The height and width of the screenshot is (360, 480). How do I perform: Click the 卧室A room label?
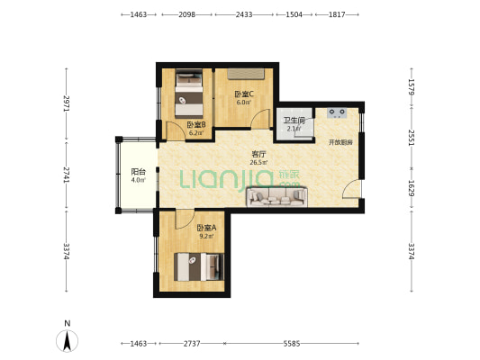[x=206, y=228]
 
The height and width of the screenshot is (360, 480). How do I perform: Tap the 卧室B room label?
[x=196, y=125]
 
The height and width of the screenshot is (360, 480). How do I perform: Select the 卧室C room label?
[x=244, y=94]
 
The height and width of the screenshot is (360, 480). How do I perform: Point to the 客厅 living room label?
[x=258, y=154]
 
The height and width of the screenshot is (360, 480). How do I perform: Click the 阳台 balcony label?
[x=138, y=172]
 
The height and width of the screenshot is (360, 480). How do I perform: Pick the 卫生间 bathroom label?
[x=294, y=120]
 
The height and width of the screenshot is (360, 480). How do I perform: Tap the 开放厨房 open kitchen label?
[x=340, y=142]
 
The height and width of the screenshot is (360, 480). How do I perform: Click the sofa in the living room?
[x=276, y=197]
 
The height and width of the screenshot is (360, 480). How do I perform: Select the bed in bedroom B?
[x=189, y=94]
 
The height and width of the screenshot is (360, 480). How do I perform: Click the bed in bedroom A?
[x=199, y=266]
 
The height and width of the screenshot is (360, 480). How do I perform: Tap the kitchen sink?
[x=337, y=112]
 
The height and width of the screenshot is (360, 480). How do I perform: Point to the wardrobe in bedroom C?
[x=246, y=74]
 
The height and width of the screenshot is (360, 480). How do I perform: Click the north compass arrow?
[x=67, y=340]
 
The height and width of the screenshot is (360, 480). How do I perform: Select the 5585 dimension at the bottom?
[x=292, y=344]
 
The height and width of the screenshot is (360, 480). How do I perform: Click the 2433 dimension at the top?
[x=244, y=14]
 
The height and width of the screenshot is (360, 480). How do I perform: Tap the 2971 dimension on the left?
[x=67, y=104]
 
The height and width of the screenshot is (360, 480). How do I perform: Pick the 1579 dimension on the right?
[x=412, y=87]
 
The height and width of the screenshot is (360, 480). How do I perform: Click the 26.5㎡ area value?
[x=258, y=162]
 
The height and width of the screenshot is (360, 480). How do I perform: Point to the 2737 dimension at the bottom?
[x=192, y=344]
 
